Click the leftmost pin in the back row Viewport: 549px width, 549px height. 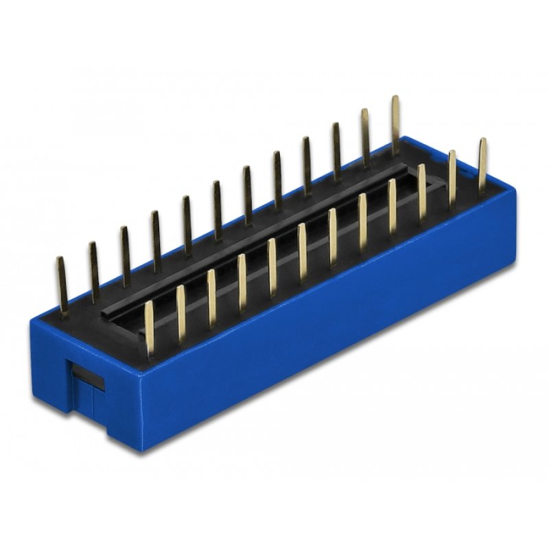click(x=62, y=285)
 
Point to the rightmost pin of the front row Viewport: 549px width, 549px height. click(x=482, y=165)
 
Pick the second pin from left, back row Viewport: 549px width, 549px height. click(x=94, y=271)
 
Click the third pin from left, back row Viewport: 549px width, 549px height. click(x=126, y=256)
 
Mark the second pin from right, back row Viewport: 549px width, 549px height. click(x=366, y=137)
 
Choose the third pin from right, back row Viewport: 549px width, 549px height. click(x=336, y=151)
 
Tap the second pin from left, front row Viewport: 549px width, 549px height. click(x=181, y=313)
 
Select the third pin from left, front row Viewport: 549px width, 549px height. click(x=212, y=297)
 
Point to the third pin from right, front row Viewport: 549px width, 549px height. click(x=422, y=192)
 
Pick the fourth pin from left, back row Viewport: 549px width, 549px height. click(x=156, y=241)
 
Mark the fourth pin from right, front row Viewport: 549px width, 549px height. click(x=393, y=206)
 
